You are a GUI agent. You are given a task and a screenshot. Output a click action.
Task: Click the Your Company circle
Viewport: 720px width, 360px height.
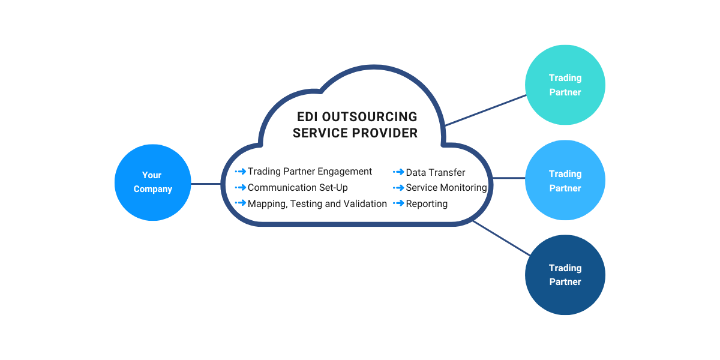click(x=152, y=182)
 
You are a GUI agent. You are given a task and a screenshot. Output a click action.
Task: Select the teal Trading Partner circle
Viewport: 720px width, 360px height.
click(x=565, y=85)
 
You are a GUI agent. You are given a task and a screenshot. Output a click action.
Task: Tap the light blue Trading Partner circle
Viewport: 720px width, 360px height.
click(x=565, y=181)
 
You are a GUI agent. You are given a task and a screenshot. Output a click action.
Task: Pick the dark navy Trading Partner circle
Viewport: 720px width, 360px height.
click(x=565, y=275)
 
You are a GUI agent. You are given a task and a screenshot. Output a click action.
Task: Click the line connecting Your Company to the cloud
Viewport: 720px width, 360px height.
click(x=206, y=184)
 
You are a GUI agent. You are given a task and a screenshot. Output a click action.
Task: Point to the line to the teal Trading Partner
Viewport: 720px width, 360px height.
click(x=485, y=110)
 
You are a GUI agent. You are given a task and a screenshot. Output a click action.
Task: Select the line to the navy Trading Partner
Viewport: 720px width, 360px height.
click(x=499, y=237)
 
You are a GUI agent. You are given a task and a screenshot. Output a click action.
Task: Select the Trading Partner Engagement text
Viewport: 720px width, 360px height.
click(x=310, y=172)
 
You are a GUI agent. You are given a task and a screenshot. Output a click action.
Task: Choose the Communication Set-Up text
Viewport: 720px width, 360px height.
click(x=298, y=188)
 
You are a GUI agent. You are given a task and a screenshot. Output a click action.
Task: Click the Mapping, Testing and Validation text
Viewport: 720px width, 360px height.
click(x=317, y=204)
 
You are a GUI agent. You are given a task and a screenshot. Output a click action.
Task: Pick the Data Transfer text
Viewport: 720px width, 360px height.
click(x=436, y=172)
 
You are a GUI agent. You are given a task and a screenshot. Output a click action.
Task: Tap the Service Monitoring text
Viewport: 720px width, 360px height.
click(x=446, y=188)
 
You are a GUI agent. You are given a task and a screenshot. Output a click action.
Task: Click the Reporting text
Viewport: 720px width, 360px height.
click(x=427, y=204)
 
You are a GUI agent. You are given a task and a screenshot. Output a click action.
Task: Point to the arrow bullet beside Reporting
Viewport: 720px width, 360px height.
click(x=398, y=204)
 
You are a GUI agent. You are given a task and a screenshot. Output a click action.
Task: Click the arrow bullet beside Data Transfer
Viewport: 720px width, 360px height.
click(x=398, y=172)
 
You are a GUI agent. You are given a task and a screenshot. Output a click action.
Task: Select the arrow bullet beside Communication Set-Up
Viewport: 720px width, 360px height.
click(x=241, y=188)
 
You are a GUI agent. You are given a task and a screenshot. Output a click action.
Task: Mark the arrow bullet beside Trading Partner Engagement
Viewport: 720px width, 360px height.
click(x=241, y=172)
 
